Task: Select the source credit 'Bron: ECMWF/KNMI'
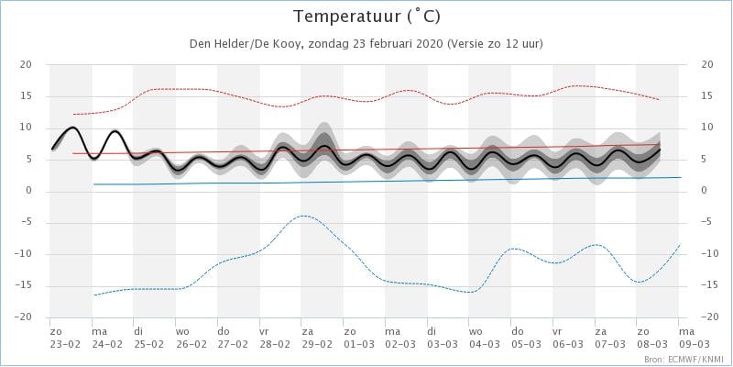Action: coord(683,359)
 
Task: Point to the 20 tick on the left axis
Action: coord(27,64)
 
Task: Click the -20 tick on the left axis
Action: coord(25,317)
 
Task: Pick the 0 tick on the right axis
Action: coord(705,191)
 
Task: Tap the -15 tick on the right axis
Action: coord(706,285)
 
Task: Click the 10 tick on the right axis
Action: coord(706,128)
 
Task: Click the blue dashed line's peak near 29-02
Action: coord(302,216)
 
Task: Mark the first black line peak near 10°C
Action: coord(73,128)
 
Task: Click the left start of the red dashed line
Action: coord(73,114)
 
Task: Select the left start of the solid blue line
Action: coord(94,184)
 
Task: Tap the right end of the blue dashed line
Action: coord(679,244)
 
